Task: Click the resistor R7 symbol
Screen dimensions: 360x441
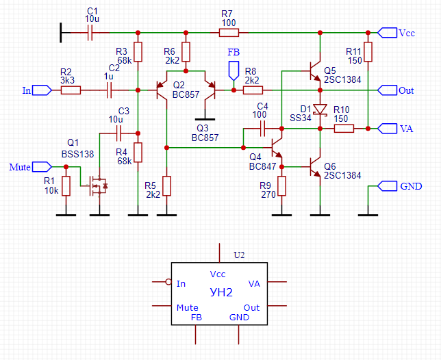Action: (x=228, y=32)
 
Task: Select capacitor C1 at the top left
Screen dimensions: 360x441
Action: (x=90, y=32)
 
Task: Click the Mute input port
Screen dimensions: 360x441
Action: (x=42, y=166)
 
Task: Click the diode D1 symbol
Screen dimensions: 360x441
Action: (x=319, y=109)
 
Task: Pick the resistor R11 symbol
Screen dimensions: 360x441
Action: (x=368, y=52)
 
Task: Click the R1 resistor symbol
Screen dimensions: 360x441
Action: (x=66, y=185)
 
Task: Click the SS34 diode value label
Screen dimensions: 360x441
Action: (x=300, y=118)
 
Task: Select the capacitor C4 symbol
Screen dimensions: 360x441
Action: (x=262, y=128)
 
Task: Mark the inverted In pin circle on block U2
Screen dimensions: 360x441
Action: (x=168, y=281)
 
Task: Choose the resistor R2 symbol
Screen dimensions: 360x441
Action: (x=71, y=90)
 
